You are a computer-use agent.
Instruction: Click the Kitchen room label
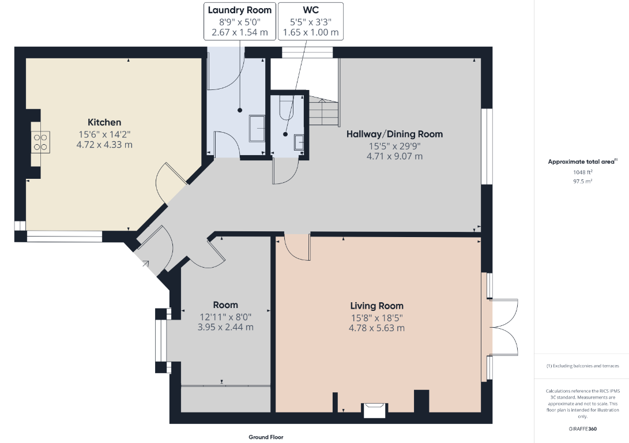[x=104, y=122]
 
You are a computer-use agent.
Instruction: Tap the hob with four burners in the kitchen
[x=40, y=142]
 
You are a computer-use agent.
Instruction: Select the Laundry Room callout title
[x=239, y=10]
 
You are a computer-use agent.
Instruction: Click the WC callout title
[x=311, y=10]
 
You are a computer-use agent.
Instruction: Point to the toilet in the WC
[x=287, y=107]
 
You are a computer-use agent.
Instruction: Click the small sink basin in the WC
[x=299, y=142]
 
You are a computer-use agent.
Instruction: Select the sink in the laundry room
[x=257, y=129]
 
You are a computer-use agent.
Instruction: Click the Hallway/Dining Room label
[x=395, y=134]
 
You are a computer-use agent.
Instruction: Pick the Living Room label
[x=376, y=306]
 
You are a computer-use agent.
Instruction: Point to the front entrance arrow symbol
[x=145, y=264]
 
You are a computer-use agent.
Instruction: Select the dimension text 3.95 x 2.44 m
[x=225, y=327]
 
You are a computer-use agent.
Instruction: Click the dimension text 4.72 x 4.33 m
[x=104, y=144]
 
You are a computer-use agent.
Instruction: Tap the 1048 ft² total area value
[x=582, y=172]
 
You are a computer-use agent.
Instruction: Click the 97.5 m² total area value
[x=582, y=181]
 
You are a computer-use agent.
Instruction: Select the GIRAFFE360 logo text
[x=582, y=429]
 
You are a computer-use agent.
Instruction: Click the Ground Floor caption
[x=266, y=437]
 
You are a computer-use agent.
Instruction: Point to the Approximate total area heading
[x=581, y=162]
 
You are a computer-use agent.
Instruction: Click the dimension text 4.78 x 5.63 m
[x=376, y=328]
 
